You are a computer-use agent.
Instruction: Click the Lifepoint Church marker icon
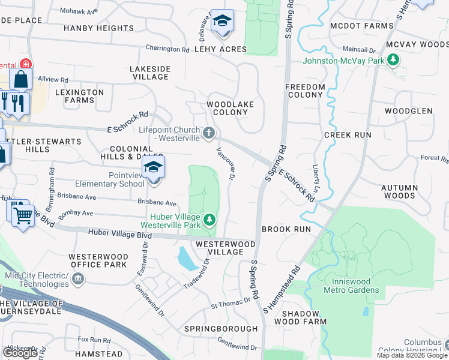click(208, 133)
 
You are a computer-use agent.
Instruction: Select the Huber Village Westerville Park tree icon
click(209, 220)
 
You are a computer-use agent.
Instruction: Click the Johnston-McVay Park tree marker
click(393, 60)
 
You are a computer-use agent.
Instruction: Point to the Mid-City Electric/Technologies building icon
click(77, 279)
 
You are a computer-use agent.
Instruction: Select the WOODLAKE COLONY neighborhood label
click(231, 108)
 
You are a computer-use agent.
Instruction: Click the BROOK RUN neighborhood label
click(286, 229)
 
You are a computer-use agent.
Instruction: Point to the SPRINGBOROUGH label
click(221, 329)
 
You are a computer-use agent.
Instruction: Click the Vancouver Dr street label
click(224, 164)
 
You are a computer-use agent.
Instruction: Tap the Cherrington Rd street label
click(167, 49)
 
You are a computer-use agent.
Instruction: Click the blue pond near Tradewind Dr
click(187, 259)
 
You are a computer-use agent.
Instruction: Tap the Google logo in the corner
click(20, 353)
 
